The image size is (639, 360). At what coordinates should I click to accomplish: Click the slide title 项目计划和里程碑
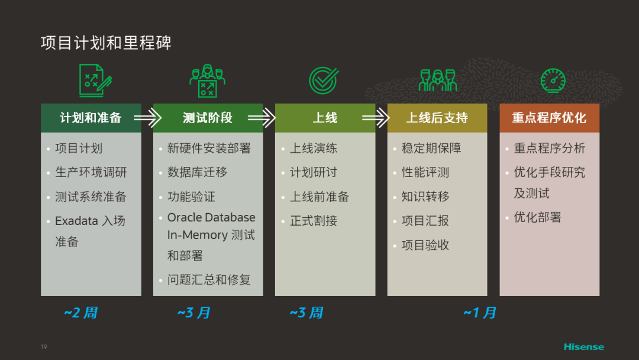tap(106, 43)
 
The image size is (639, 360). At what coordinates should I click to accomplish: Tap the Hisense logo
tap(583, 346)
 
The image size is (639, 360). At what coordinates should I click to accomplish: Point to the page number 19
tap(44, 346)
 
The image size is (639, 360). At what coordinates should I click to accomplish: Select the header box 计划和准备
tap(91, 118)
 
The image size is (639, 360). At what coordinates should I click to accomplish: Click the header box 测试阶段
tap(208, 118)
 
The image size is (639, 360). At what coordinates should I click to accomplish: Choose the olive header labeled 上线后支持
tap(437, 118)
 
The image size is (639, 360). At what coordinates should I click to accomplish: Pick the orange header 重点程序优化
tap(549, 118)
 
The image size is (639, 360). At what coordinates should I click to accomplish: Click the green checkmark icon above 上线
tap(324, 81)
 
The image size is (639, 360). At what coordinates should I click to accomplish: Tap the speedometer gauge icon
tap(553, 81)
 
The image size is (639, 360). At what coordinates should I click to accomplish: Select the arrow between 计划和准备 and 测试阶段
tap(147, 118)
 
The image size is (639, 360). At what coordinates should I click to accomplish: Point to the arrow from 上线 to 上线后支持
tap(376, 118)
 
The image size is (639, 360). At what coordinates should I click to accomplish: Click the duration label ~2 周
tap(80, 313)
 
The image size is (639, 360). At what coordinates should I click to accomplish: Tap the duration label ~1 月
tap(480, 313)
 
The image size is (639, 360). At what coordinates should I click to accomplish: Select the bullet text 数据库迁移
tap(197, 172)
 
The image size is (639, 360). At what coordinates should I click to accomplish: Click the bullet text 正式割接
tap(314, 221)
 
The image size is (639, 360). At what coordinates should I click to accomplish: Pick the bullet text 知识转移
tap(425, 197)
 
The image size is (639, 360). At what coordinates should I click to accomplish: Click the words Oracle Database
tap(211, 217)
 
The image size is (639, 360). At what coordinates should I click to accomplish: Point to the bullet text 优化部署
tap(537, 217)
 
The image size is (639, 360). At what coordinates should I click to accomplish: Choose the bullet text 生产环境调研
tap(91, 172)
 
